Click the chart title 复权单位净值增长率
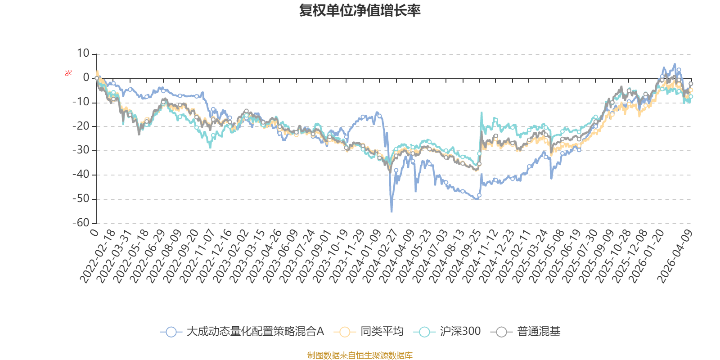click(x=360, y=10)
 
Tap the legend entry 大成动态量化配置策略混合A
click(x=242, y=331)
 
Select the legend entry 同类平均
click(x=369, y=331)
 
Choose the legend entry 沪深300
click(x=447, y=331)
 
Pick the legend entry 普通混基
click(x=526, y=331)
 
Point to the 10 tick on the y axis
click(x=83, y=53)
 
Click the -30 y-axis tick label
click(x=81, y=150)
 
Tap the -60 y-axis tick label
click(x=81, y=222)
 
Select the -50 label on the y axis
click(x=81, y=198)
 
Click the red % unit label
click(x=68, y=73)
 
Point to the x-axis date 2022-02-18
click(x=97, y=256)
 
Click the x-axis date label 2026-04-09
click(x=675, y=256)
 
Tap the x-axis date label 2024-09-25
click(x=463, y=256)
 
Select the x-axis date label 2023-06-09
click(x=281, y=256)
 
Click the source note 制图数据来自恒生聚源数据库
click(x=360, y=355)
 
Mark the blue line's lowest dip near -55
click(x=391, y=211)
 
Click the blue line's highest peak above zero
click(x=675, y=64)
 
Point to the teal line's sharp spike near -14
click(x=481, y=112)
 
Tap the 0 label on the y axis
click(x=86, y=77)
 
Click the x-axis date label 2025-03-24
click(x=530, y=256)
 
